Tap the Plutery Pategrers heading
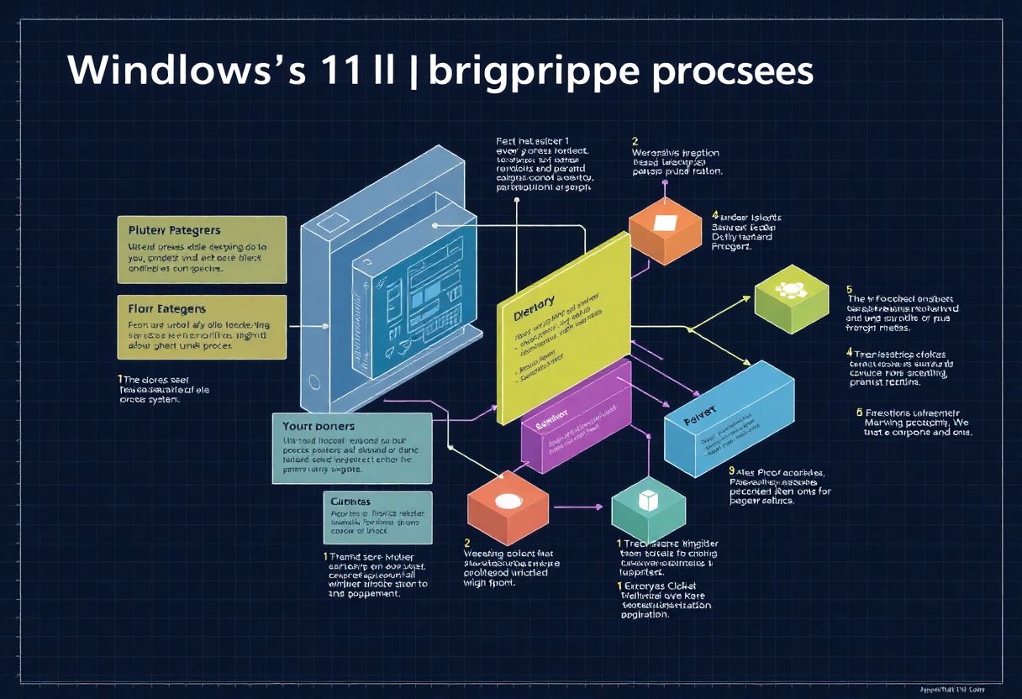(x=175, y=229)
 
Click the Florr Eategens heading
(x=167, y=308)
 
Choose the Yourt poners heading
(x=319, y=426)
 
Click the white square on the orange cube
(x=664, y=223)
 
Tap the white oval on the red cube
(x=508, y=502)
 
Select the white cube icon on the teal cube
(x=648, y=501)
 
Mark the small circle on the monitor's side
(x=314, y=382)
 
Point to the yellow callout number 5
(x=850, y=289)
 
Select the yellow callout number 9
(x=732, y=471)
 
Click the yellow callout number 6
(x=859, y=412)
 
